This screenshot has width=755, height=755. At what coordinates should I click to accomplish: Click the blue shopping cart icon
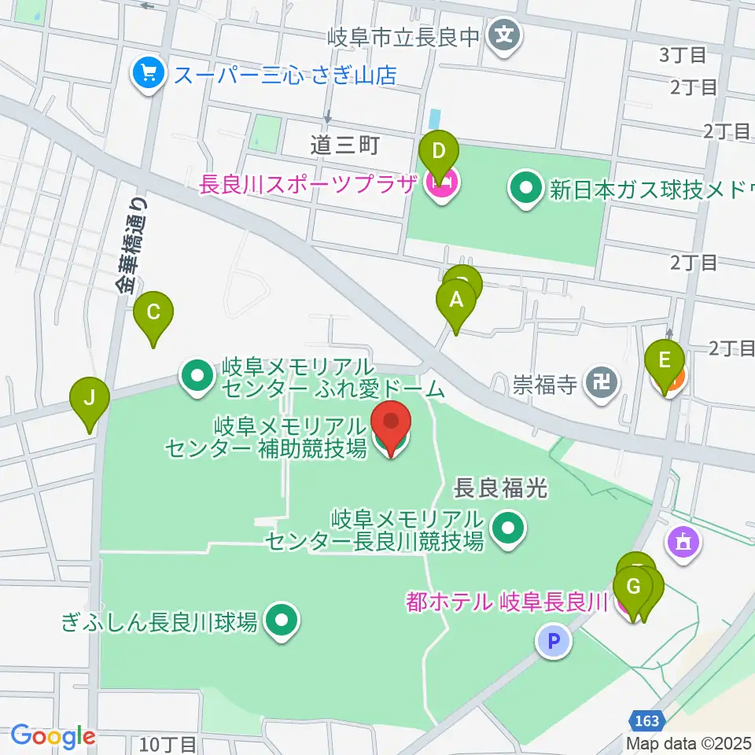(x=147, y=75)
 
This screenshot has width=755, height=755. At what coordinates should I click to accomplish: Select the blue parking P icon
(x=553, y=641)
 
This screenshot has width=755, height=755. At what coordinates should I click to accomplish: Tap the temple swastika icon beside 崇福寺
(x=603, y=383)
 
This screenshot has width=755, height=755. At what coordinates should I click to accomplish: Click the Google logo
(x=53, y=736)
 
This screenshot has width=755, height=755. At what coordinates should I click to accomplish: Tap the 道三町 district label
(x=344, y=145)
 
